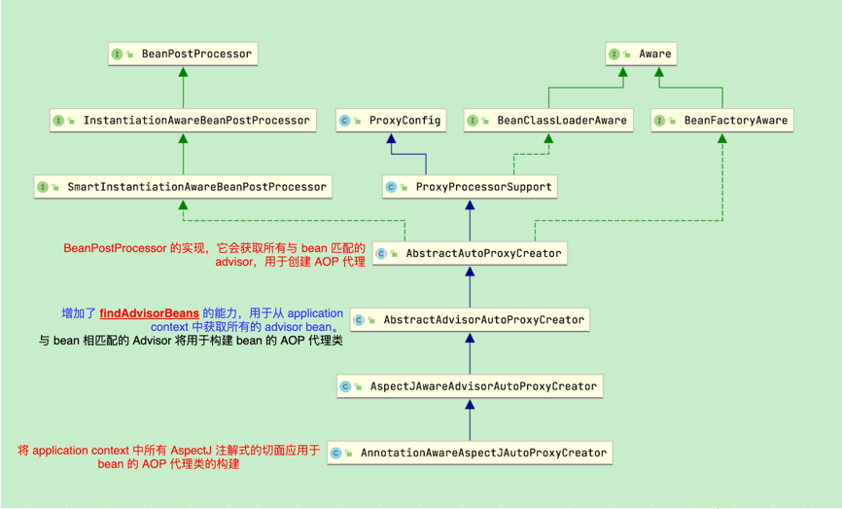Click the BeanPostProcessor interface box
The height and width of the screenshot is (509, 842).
(183, 55)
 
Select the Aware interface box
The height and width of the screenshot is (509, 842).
(640, 55)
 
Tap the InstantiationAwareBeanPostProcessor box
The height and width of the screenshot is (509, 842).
(183, 121)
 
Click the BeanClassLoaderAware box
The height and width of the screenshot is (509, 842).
(547, 121)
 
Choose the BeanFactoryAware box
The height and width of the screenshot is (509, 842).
(722, 121)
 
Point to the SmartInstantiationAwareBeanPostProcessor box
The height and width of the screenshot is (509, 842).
(183, 187)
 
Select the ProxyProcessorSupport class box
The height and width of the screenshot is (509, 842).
(470, 187)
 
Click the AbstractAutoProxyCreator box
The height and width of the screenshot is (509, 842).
(470, 253)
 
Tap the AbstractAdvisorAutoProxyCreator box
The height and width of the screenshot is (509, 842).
(470, 319)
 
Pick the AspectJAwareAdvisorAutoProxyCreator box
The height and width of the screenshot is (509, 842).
(470, 386)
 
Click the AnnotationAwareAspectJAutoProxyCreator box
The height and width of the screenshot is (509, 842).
(470, 453)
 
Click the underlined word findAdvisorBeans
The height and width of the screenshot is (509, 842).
(150, 313)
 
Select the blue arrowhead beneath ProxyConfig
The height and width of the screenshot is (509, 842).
(392, 139)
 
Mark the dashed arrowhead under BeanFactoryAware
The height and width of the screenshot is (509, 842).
(722, 139)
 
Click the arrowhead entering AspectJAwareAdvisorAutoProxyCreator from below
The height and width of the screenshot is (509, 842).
(470, 405)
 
